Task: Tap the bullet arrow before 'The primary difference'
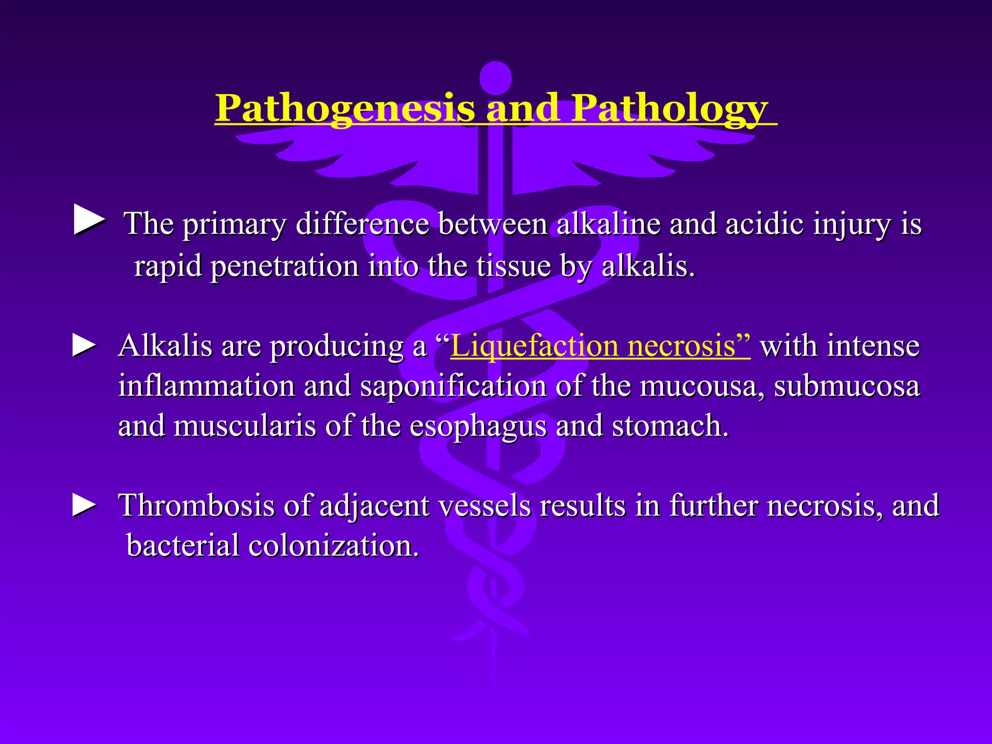89,220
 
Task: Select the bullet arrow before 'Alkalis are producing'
84,346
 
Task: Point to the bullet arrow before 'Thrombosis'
84,505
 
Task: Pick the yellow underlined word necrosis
688,347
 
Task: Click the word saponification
452,387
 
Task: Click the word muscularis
244,426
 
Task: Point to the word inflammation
206,387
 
